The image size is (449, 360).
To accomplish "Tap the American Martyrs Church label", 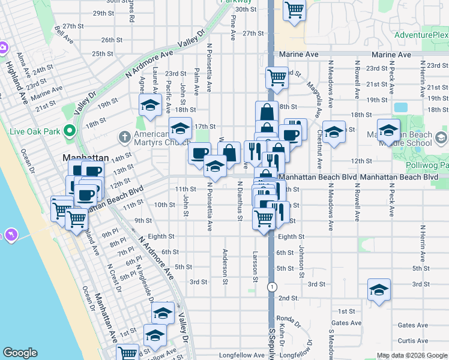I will coord(157,139).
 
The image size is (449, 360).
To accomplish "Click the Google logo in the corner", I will coord(20,353).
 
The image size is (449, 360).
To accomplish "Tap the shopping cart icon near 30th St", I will coord(294,10).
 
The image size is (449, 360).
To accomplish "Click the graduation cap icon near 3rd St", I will coord(378,290).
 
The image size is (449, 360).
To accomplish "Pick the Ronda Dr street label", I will coord(288,319).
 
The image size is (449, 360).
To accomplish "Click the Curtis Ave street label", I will coord(413,341).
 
